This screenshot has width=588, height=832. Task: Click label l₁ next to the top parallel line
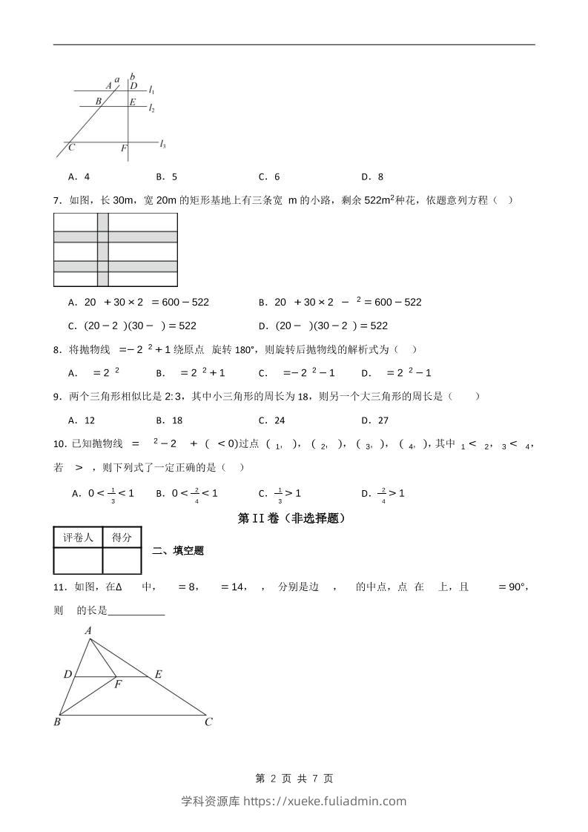[x=151, y=90]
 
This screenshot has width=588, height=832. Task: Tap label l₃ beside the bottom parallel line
[x=162, y=144]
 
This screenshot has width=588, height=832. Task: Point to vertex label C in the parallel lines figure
[x=71, y=148]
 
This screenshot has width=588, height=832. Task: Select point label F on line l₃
[x=123, y=149]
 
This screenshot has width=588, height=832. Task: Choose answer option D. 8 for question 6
[x=372, y=176]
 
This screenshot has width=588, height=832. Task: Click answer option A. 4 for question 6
[x=79, y=176]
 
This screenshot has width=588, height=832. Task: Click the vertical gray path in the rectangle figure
[x=103, y=249]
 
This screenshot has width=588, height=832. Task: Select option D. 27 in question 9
[x=374, y=420]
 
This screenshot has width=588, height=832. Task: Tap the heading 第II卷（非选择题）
[x=293, y=519]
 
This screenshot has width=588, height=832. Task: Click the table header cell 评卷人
[x=77, y=538]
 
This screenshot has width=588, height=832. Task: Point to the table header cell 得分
[x=121, y=538]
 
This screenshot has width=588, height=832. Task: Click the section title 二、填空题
[x=178, y=550]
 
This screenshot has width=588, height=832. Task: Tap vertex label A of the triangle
[x=88, y=631]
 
